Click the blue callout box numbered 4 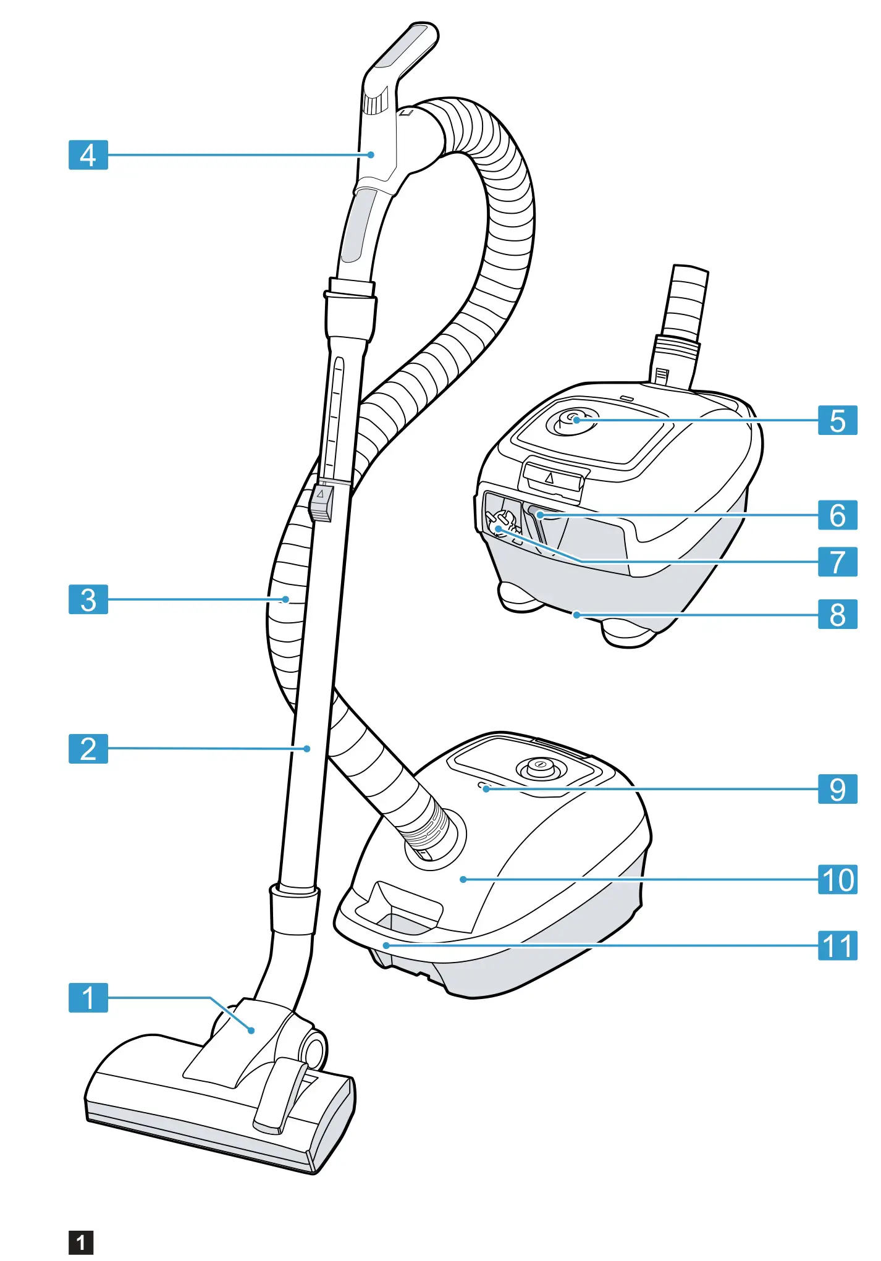(x=88, y=155)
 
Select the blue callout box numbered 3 (x=88, y=599)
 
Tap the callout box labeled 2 (x=88, y=749)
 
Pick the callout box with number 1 (x=88, y=997)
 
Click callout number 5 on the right (x=837, y=420)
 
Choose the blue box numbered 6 (x=837, y=515)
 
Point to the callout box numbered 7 (x=837, y=562)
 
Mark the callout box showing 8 (x=837, y=614)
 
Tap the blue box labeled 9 (x=837, y=789)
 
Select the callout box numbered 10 (x=837, y=879)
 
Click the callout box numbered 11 (x=837, y=945)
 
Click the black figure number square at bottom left (x=81, y=1242)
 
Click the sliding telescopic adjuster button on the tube (x=321, y=501)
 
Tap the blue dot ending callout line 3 (x=285, y=599)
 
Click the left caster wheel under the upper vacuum (x=520, y=597)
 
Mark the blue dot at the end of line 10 (x=463, y=879)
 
